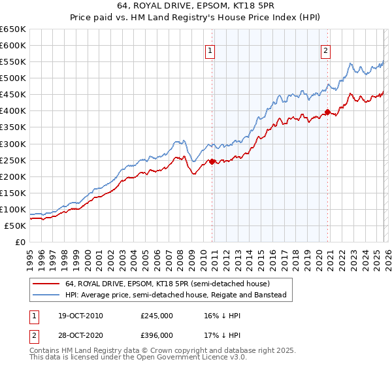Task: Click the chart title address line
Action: (195, 7)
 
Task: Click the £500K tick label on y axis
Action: (13, 78)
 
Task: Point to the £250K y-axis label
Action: (13, 160)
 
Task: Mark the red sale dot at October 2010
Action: (212, 161)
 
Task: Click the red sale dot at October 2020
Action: (327, 112)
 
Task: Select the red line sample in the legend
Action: (46, 284)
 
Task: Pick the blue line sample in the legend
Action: (46, 295)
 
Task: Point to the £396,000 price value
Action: (156, 335)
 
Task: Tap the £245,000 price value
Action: (156, 316)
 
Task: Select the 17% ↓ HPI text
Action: (221, 335)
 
